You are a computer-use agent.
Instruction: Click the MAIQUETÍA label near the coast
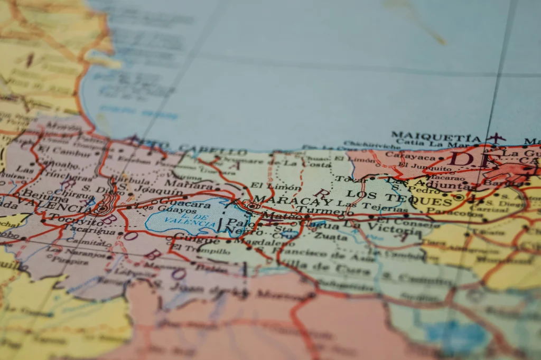(x=436, y=135)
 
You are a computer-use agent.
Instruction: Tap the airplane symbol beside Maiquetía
(x=496, y=138)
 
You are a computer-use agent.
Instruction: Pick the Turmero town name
(x=317, y=211)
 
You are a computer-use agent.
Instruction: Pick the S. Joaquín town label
(x=139, y=188)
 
